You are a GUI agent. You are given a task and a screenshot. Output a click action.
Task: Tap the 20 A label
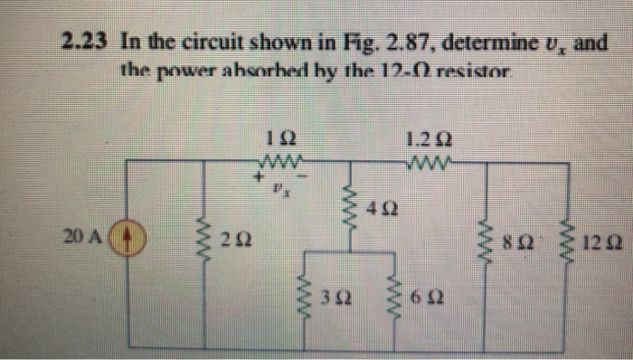[x=87, y=239]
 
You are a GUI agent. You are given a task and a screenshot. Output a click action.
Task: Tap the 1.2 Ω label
[x=429, y=139]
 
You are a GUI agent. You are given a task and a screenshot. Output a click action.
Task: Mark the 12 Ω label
[x=600, y=242]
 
